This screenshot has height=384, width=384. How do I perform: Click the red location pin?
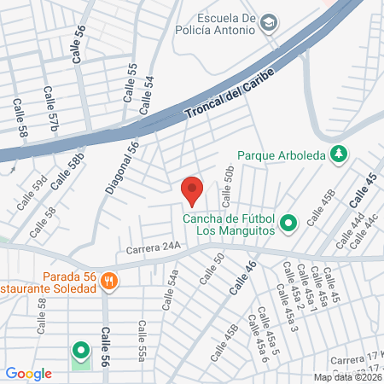[x=192, y=190]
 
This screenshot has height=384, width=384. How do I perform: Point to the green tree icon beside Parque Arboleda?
[x=340, y=154]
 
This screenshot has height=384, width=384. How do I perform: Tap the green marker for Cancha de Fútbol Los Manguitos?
[x=288, y=224]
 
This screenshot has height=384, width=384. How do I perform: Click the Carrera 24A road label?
[x=154, y=249]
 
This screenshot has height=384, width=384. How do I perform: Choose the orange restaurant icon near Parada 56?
[x=108, y=279]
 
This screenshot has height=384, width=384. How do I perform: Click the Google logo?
[x=28, y=373]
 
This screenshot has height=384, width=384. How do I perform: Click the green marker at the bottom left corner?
[x=80, y=351]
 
